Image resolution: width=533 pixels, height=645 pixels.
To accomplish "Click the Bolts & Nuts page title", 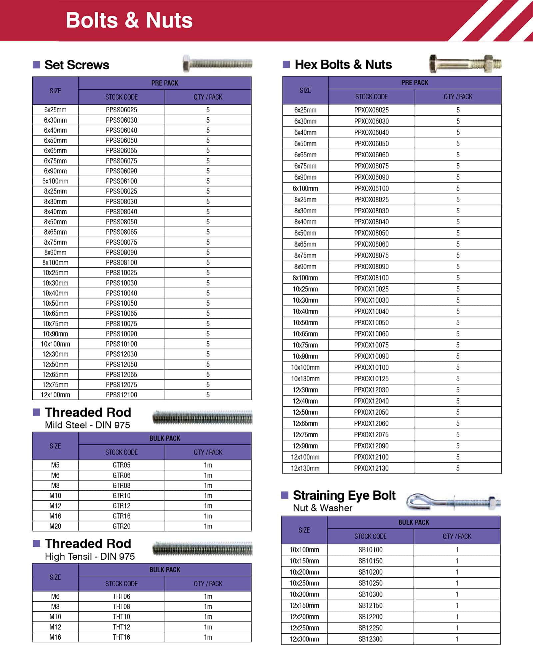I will (x=129, y=20).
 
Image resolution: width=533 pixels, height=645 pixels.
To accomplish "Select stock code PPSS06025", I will (x=121, y=110).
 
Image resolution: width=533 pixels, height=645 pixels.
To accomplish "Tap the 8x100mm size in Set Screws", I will (x=55, y=263).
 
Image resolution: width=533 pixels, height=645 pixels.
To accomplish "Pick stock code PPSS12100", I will (x=121, y=395).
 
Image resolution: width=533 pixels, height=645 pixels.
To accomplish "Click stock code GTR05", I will (x=121, y=465).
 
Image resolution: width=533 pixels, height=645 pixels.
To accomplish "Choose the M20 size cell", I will (x=55, y=526).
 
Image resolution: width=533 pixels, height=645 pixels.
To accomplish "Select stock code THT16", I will (x=121, y=637).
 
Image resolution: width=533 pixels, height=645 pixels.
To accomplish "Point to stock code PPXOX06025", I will (x=371, y=110).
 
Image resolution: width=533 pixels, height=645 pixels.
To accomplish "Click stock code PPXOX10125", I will (x=371, y=378).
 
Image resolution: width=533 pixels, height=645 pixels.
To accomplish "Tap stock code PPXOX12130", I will (x=371, y=468).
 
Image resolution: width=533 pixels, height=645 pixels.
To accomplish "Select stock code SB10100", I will (x=370, y=550).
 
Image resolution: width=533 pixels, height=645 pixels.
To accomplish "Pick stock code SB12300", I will (x=370, y=639).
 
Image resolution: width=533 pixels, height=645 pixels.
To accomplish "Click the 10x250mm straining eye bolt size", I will (x=304, y=583).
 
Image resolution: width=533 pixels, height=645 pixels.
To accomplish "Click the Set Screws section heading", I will (x=77, y=65).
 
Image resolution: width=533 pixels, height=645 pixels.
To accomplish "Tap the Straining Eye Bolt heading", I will (x=344, y=495).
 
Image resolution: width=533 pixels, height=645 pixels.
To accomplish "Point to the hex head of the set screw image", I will (x=186, y=63).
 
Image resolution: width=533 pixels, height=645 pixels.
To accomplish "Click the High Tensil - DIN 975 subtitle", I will (x=90, y=556).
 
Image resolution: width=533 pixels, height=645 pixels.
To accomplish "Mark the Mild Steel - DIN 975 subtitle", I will (x=87, y=425).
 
